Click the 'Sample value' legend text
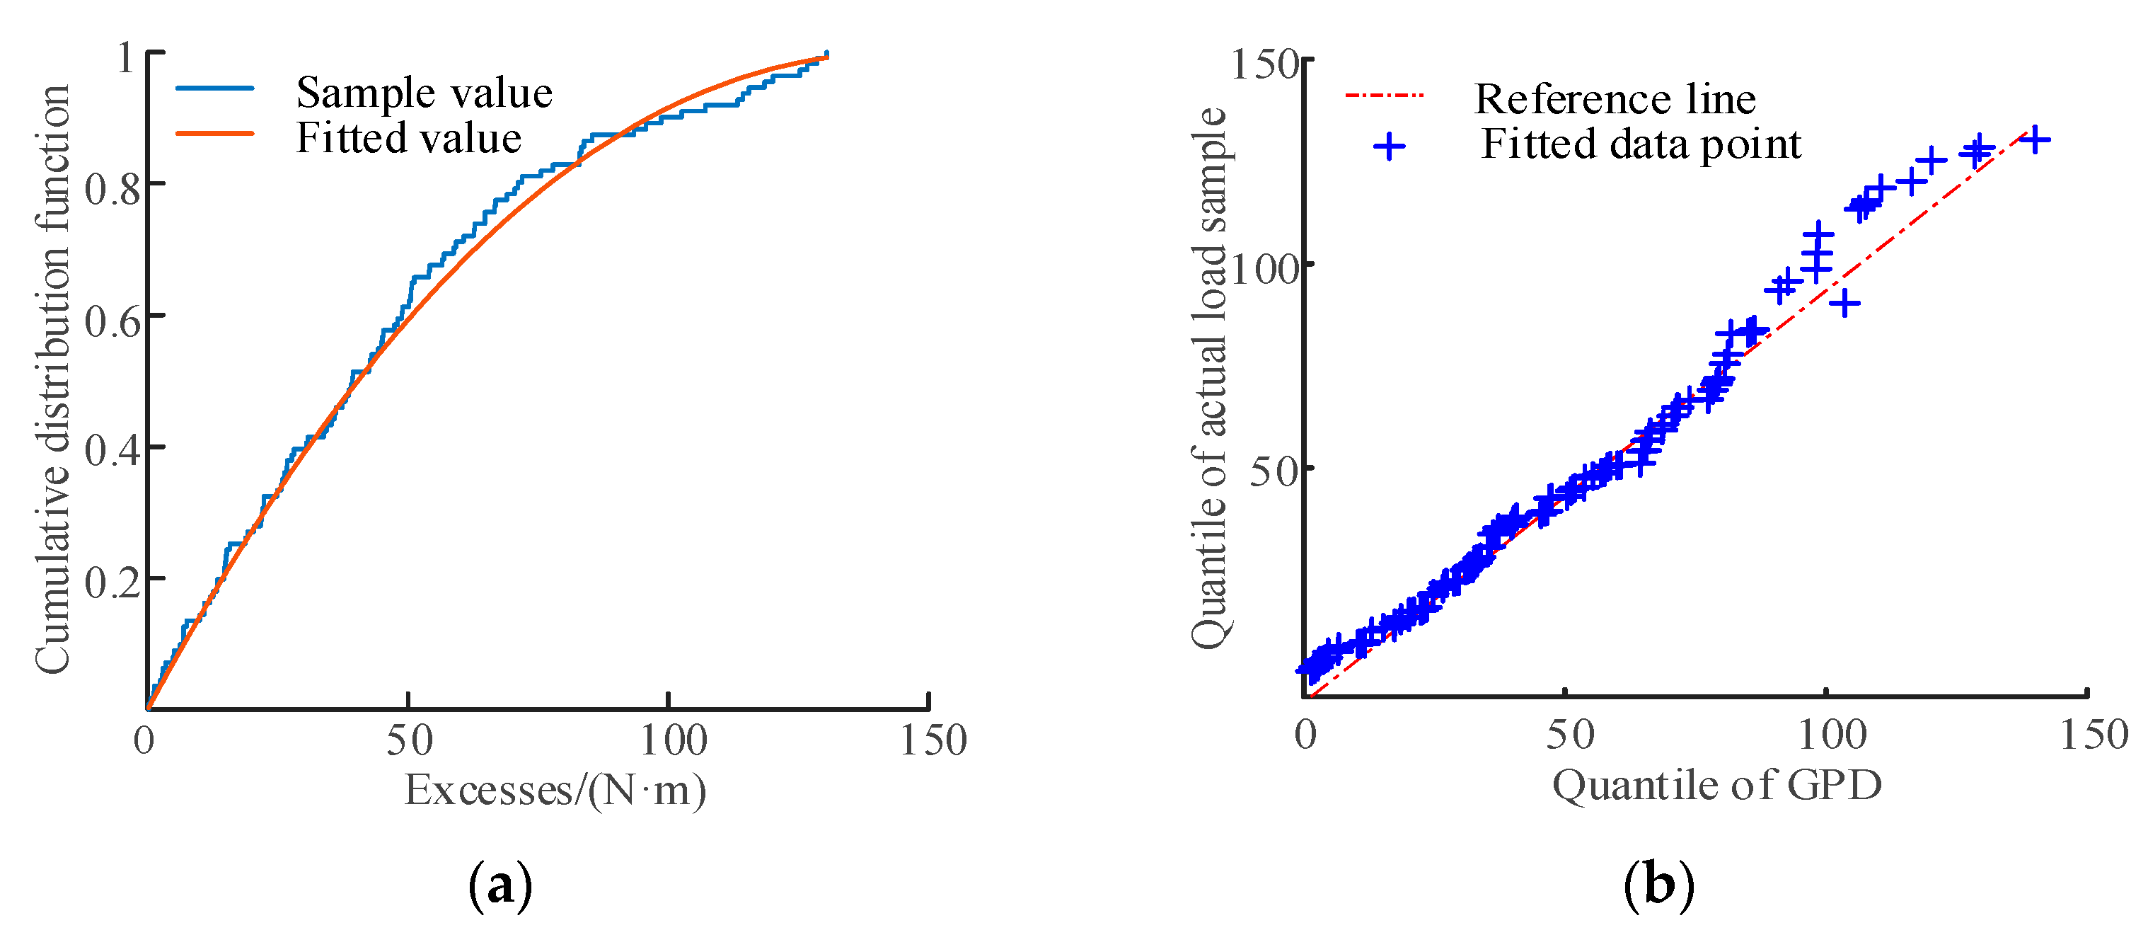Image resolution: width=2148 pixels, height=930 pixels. pyautogui.click(x=424, y=93)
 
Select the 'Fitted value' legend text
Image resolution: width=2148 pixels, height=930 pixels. pyautogui.click(x=409, y=137)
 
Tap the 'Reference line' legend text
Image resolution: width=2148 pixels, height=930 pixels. pyautogui.click(x=1615, y=99)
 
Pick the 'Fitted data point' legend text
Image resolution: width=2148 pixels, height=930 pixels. pyautogui.click(x=1640, y=144)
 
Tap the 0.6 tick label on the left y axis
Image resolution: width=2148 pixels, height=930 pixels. pyautogui.click(x=112, y=321)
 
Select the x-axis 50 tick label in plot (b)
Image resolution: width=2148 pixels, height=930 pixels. pyautogui.click(x=1570, y=735)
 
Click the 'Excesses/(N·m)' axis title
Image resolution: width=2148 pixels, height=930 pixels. pyautogui.click(x=555, y=790)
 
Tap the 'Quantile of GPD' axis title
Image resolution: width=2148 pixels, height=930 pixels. pyautogui.click(x=1717, y=785)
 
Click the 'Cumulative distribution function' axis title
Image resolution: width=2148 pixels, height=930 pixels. pyautogui.click(x=52, y=379)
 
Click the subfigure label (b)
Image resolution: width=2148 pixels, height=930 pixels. pyautogui.click(x=1658, y=884)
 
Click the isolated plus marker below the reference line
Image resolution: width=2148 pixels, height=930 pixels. pyautogui.click(x=1844, y=303)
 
